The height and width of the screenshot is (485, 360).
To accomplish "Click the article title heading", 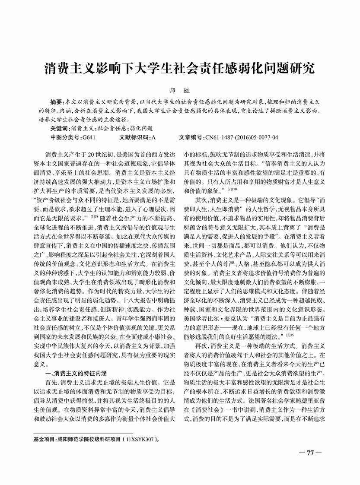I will tap(180, 68).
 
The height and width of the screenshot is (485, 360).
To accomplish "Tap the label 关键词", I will tap(60, 128).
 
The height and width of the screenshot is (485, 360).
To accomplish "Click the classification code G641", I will tap(88, 137).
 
